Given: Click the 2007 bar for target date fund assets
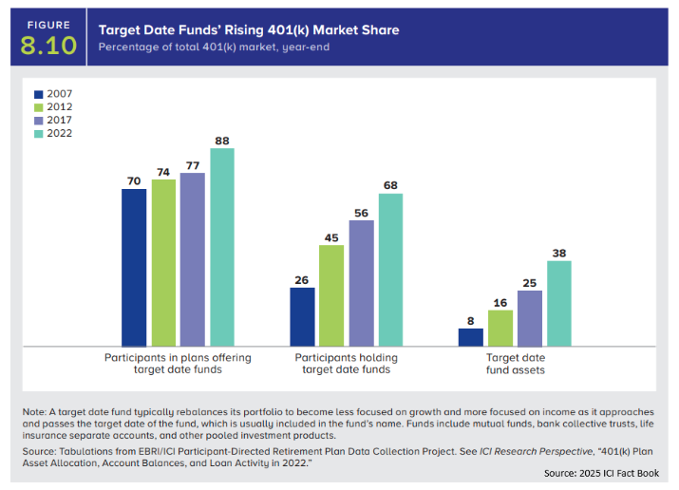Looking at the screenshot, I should pos(470,337).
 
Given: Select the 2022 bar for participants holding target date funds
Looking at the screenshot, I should pos(390,270).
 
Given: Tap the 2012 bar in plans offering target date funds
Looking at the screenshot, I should pos(163,263).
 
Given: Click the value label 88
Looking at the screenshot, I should pos(222,141).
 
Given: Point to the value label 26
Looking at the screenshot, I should pos(302,280).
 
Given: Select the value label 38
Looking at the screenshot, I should pos(559,254).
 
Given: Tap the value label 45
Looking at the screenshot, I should pos(331,237).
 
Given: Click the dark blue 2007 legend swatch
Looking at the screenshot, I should pos(39,94).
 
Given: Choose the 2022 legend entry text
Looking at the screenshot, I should pos(60,134).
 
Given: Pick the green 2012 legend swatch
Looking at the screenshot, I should pos(39,107).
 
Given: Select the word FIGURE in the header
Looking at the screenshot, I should pos(47,25).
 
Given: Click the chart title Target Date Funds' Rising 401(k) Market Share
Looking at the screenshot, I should pos(249,30).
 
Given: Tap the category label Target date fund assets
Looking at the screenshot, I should pos(513,364).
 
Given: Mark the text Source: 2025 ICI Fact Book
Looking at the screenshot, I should pos(599,473).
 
